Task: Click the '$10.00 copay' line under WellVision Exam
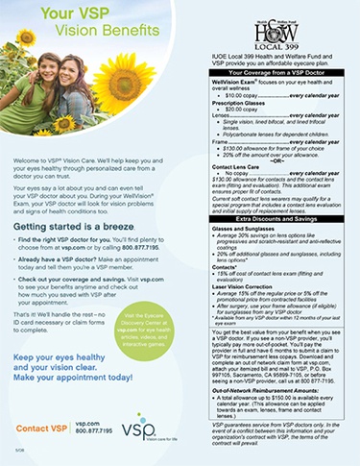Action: [x=240, y=96]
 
